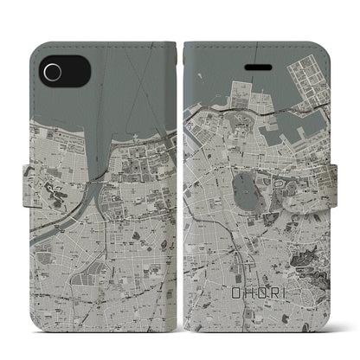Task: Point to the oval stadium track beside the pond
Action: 275,161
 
